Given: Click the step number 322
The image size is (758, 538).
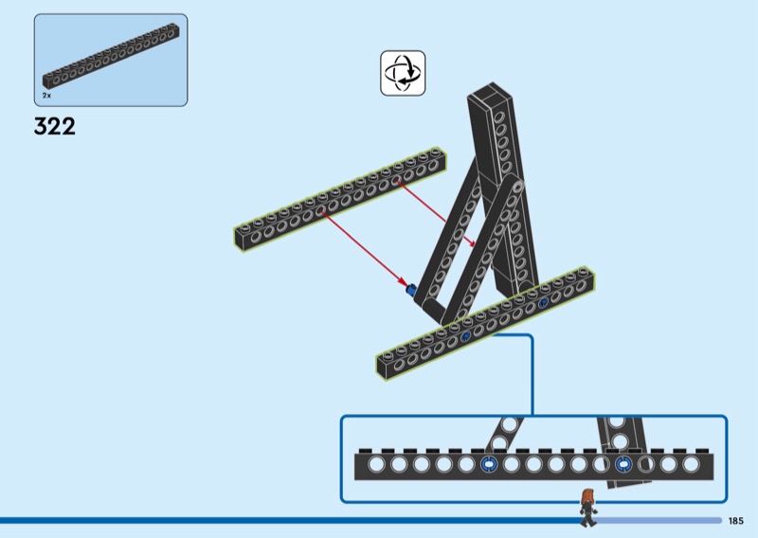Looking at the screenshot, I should click(54, 127).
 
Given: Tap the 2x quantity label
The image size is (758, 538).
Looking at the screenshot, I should click(45, 97).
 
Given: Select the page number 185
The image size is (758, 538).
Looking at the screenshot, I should click(736, 520).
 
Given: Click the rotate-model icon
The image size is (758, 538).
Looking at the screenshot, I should click(403, 73).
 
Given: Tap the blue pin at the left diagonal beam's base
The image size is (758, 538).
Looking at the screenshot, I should click(411, 289).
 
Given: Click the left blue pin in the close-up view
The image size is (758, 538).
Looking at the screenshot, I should click(489, 464).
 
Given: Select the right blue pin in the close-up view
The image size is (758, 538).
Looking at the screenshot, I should click(623, 464).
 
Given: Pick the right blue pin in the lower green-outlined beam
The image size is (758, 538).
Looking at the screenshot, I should click(543, 303).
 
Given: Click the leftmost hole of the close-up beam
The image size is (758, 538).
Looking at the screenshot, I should click(376, 464).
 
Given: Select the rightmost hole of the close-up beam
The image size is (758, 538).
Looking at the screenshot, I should click(691, 464).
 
